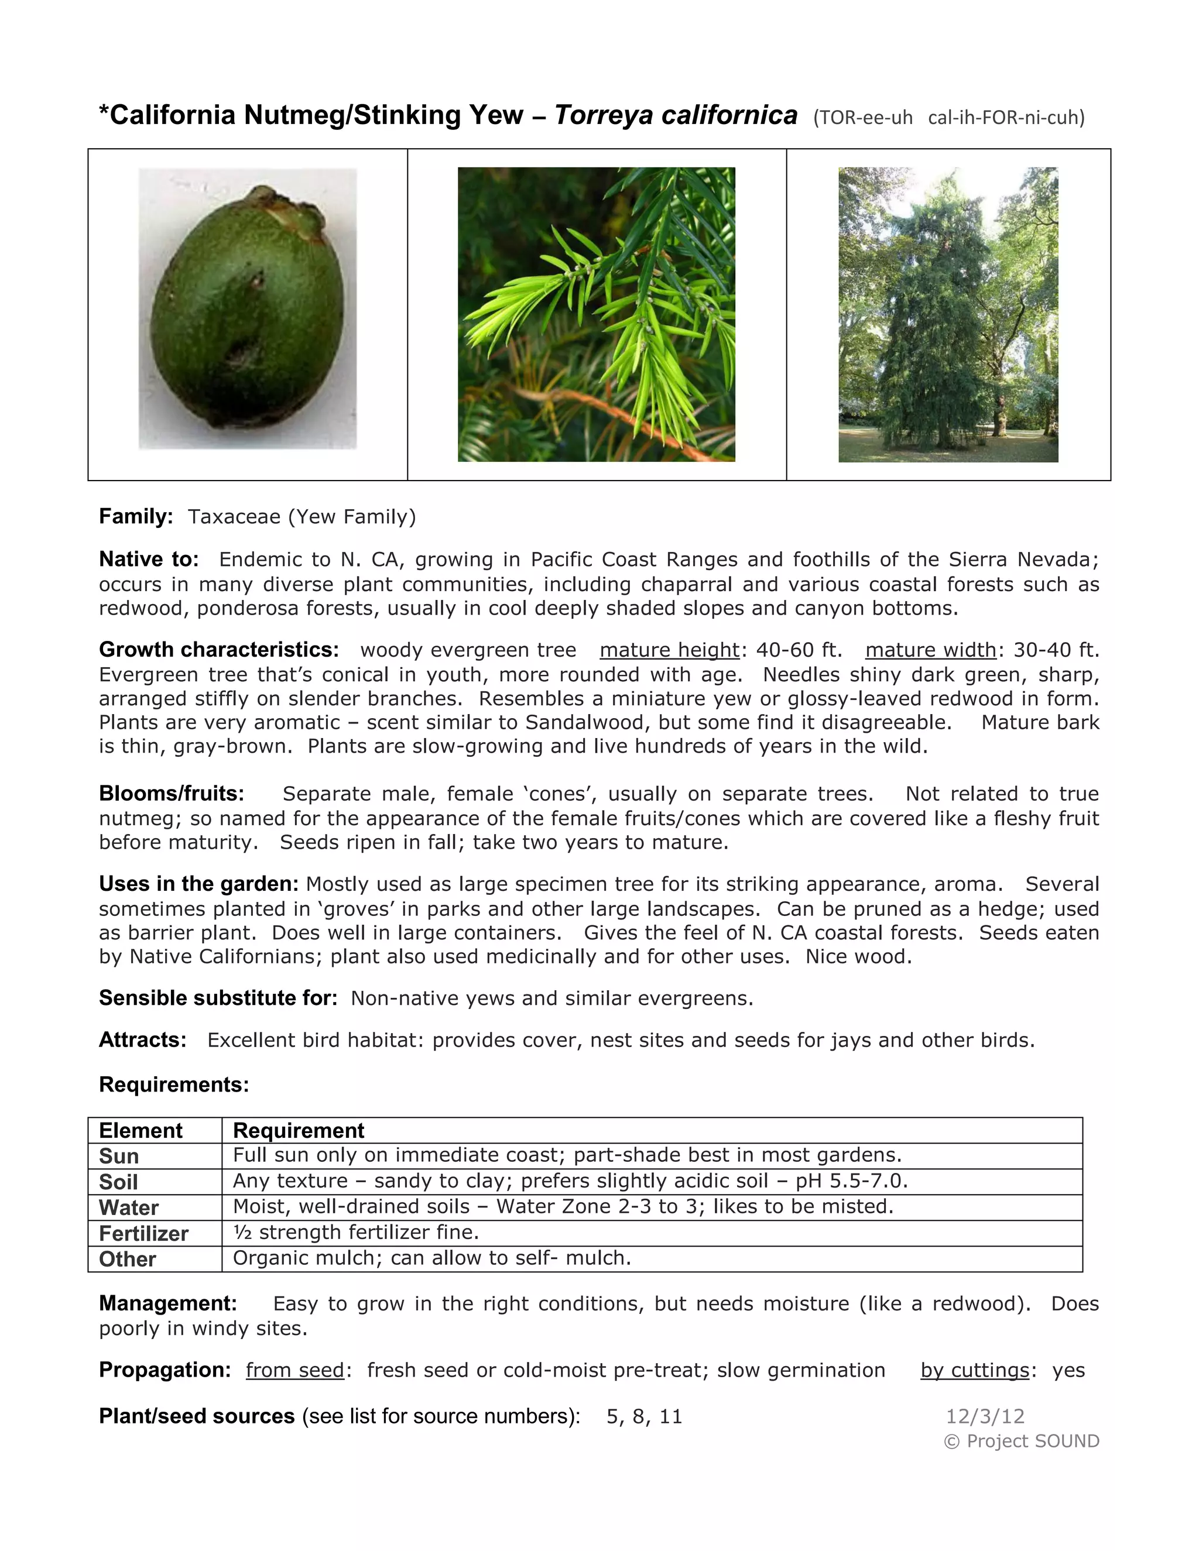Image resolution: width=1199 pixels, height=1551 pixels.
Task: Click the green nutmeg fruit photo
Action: click(x=247, y=309)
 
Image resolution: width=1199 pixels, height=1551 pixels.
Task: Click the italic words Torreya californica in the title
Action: click(x=676, y=115)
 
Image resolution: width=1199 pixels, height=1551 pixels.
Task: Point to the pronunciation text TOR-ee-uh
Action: click(x=863, y=118)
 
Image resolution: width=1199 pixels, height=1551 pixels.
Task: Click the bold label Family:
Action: click(x=136, y=516)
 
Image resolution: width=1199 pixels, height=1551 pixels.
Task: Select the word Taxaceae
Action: click(x=234, y=516)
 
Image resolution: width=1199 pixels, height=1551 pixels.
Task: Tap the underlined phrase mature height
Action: click(x=669, y=650)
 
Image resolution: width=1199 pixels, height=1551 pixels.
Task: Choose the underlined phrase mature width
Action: click(x=930, y=650)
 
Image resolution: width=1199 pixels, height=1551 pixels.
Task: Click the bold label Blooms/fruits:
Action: click(x=171, y=793)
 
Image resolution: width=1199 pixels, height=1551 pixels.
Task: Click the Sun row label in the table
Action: click(x=119, y=1156)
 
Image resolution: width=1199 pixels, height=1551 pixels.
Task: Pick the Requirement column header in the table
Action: click(x=299, y=1131)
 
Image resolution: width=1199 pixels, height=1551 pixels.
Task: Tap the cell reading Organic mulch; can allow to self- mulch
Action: click(x=432, y=1258)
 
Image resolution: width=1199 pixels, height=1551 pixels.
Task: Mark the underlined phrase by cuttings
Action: click(x=975, y=1370)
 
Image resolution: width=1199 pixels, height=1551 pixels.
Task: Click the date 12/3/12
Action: click(x=985, y=1417)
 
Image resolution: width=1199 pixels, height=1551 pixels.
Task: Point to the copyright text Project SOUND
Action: click(x=1032, y=1441)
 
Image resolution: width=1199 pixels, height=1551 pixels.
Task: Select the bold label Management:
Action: click(x=167, y=1303)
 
